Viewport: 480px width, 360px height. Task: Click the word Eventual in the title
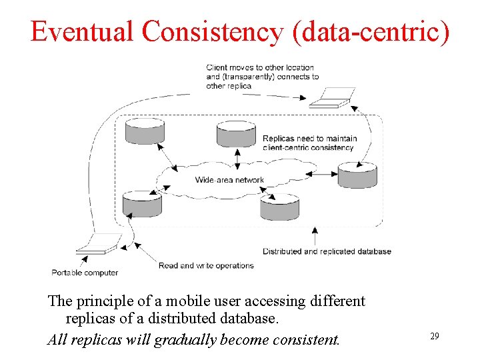(x=81, y=31)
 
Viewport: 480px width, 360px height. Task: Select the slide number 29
(x=434, y=337)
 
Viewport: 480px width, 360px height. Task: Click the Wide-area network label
(x=229, y=180)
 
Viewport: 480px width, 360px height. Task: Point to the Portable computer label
(x=85, y=272)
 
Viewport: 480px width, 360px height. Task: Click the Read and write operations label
(x=206, y=265)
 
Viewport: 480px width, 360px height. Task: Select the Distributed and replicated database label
(x=327, y=251)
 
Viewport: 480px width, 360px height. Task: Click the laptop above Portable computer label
(x=97, y=243)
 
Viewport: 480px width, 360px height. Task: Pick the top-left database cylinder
(x=145, y=131)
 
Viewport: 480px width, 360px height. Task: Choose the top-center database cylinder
(x=237, y=133)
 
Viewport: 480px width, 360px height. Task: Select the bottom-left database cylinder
(x=142, y=204)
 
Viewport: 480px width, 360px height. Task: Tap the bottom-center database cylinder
(x=279, y=207)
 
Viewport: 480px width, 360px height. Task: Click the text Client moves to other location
(x=260, y=67)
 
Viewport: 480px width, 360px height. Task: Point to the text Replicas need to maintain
(x=309, y=139)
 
